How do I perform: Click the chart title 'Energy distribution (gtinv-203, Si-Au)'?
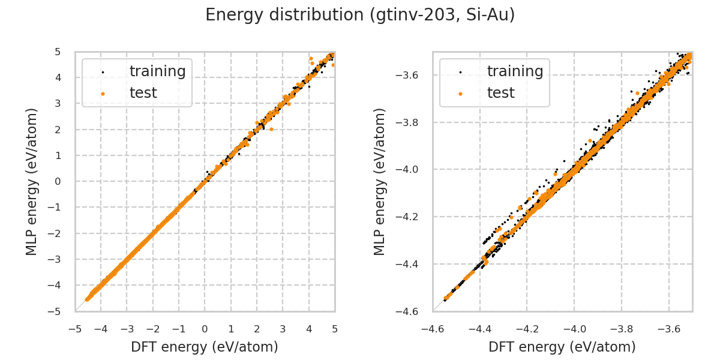(360, 15)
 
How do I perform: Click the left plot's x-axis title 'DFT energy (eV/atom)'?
(205, 347)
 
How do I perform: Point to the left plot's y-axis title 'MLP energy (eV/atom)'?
(32, 181)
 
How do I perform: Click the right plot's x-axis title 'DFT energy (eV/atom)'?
(562, 347)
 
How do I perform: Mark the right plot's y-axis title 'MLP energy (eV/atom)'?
(380, 181)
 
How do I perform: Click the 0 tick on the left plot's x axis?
(205, 329)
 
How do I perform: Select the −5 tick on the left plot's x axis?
(75, 329)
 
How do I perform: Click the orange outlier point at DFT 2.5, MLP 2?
(271, 129)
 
